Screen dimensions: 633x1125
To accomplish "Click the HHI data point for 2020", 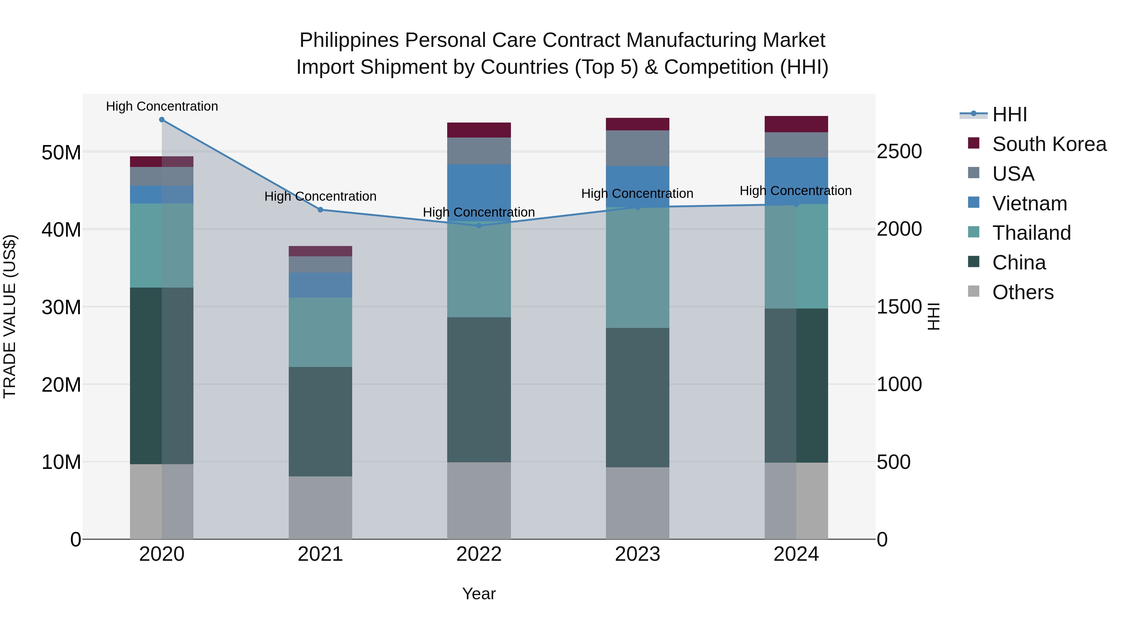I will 162,120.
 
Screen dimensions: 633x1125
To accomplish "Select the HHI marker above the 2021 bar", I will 320,210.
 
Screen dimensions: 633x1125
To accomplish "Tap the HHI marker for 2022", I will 479,226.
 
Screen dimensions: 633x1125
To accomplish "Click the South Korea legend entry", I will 1049,144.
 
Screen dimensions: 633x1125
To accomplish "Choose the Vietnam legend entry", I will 1029,203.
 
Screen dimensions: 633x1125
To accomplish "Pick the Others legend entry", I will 1022,292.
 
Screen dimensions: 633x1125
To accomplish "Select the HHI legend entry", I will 1009,114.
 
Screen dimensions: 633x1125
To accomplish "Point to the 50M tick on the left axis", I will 61,153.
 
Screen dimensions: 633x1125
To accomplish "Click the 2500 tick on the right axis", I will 899,152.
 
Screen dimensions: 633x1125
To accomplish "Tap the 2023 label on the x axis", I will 637,554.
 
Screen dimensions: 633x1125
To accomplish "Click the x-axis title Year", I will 479,594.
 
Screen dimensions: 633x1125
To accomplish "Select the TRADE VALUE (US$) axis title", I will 10,316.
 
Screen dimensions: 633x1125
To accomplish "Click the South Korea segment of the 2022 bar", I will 479,130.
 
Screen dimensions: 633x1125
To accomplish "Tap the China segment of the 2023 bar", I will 637,398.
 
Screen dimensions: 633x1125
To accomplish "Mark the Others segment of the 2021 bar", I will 320,508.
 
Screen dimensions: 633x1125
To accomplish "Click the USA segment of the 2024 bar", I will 796,145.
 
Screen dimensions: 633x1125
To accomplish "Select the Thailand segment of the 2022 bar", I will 479,271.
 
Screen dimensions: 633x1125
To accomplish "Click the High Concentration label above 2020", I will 162,106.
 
